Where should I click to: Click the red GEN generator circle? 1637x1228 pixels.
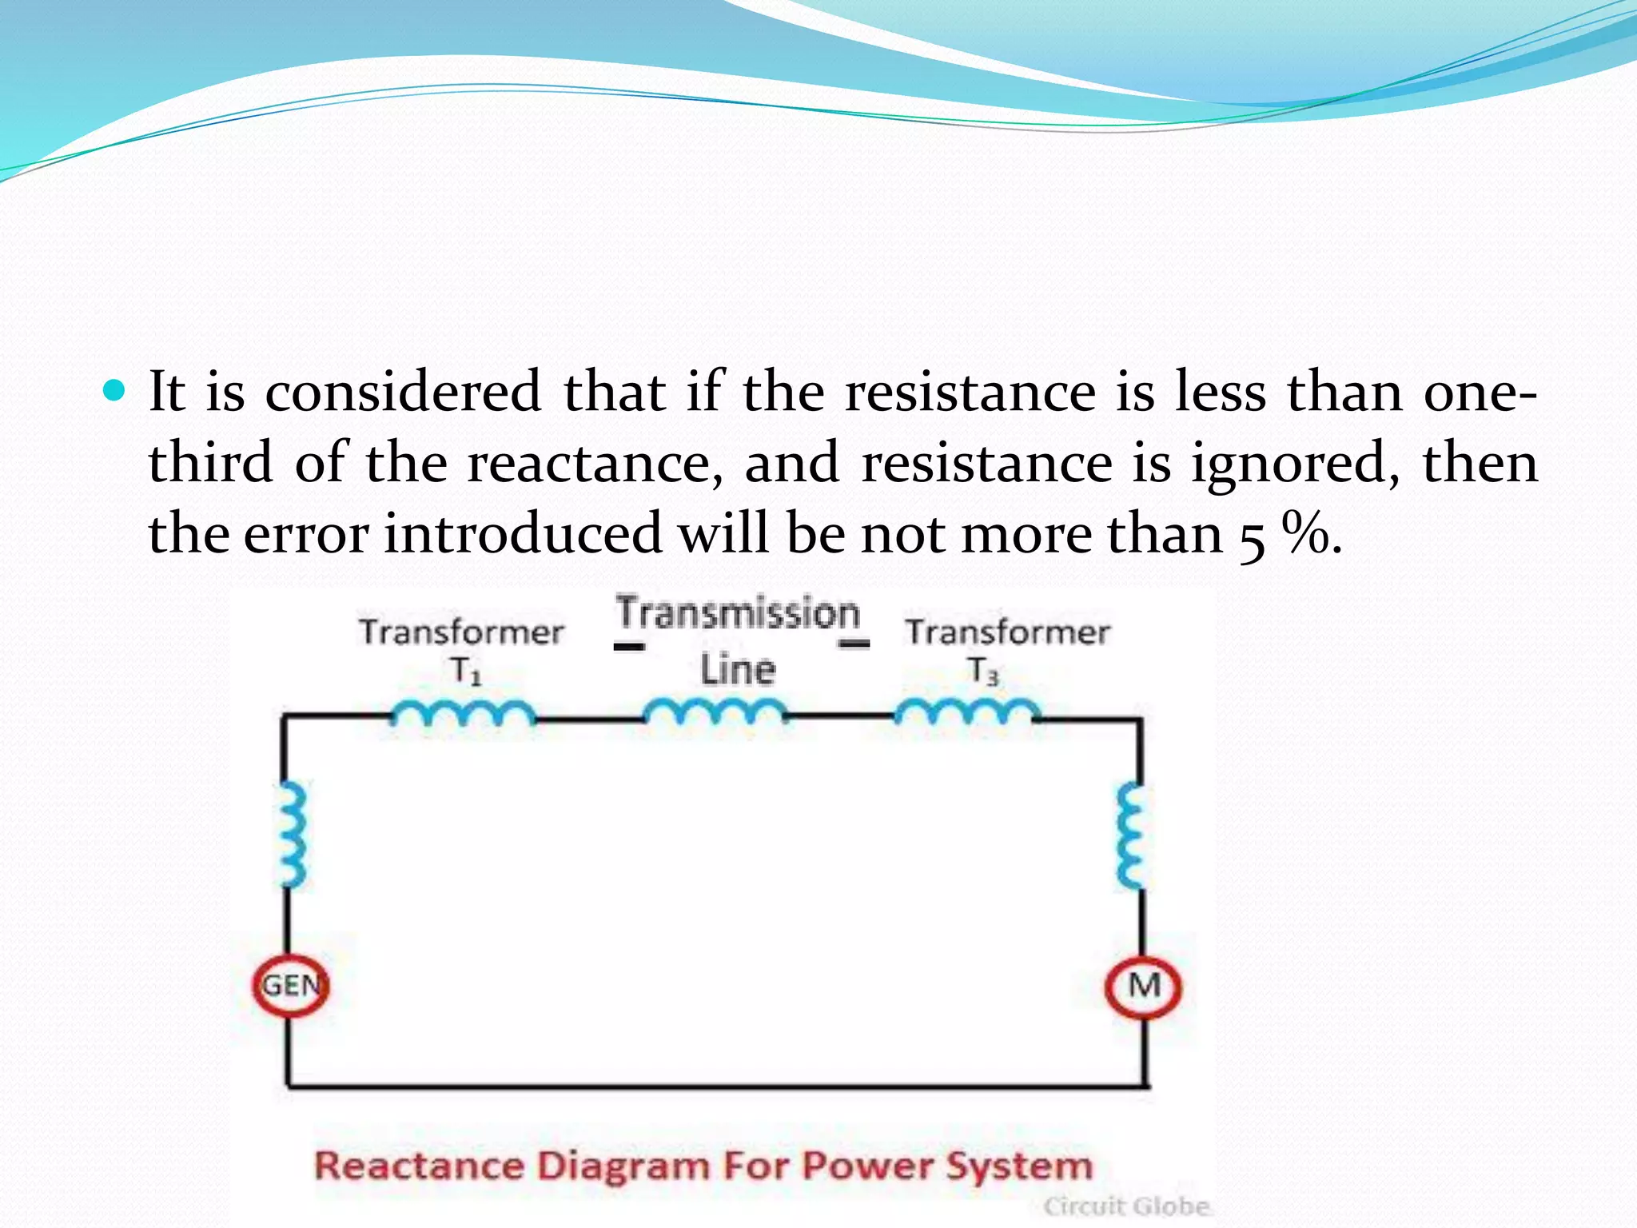291,986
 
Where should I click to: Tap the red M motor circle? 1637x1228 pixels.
1143,987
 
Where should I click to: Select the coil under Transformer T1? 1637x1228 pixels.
463,712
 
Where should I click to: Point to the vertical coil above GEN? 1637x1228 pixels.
291,835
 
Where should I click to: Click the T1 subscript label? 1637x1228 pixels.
466,671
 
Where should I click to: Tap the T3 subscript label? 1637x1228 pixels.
983,671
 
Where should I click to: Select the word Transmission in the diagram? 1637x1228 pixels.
738,613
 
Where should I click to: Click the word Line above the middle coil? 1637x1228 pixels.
738,670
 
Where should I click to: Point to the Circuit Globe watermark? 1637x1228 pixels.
1126,1206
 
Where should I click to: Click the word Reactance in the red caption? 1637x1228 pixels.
419,1166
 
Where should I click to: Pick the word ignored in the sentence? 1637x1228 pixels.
1295,464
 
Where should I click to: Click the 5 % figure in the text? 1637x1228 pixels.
1287,535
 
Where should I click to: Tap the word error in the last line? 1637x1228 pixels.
306,535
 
